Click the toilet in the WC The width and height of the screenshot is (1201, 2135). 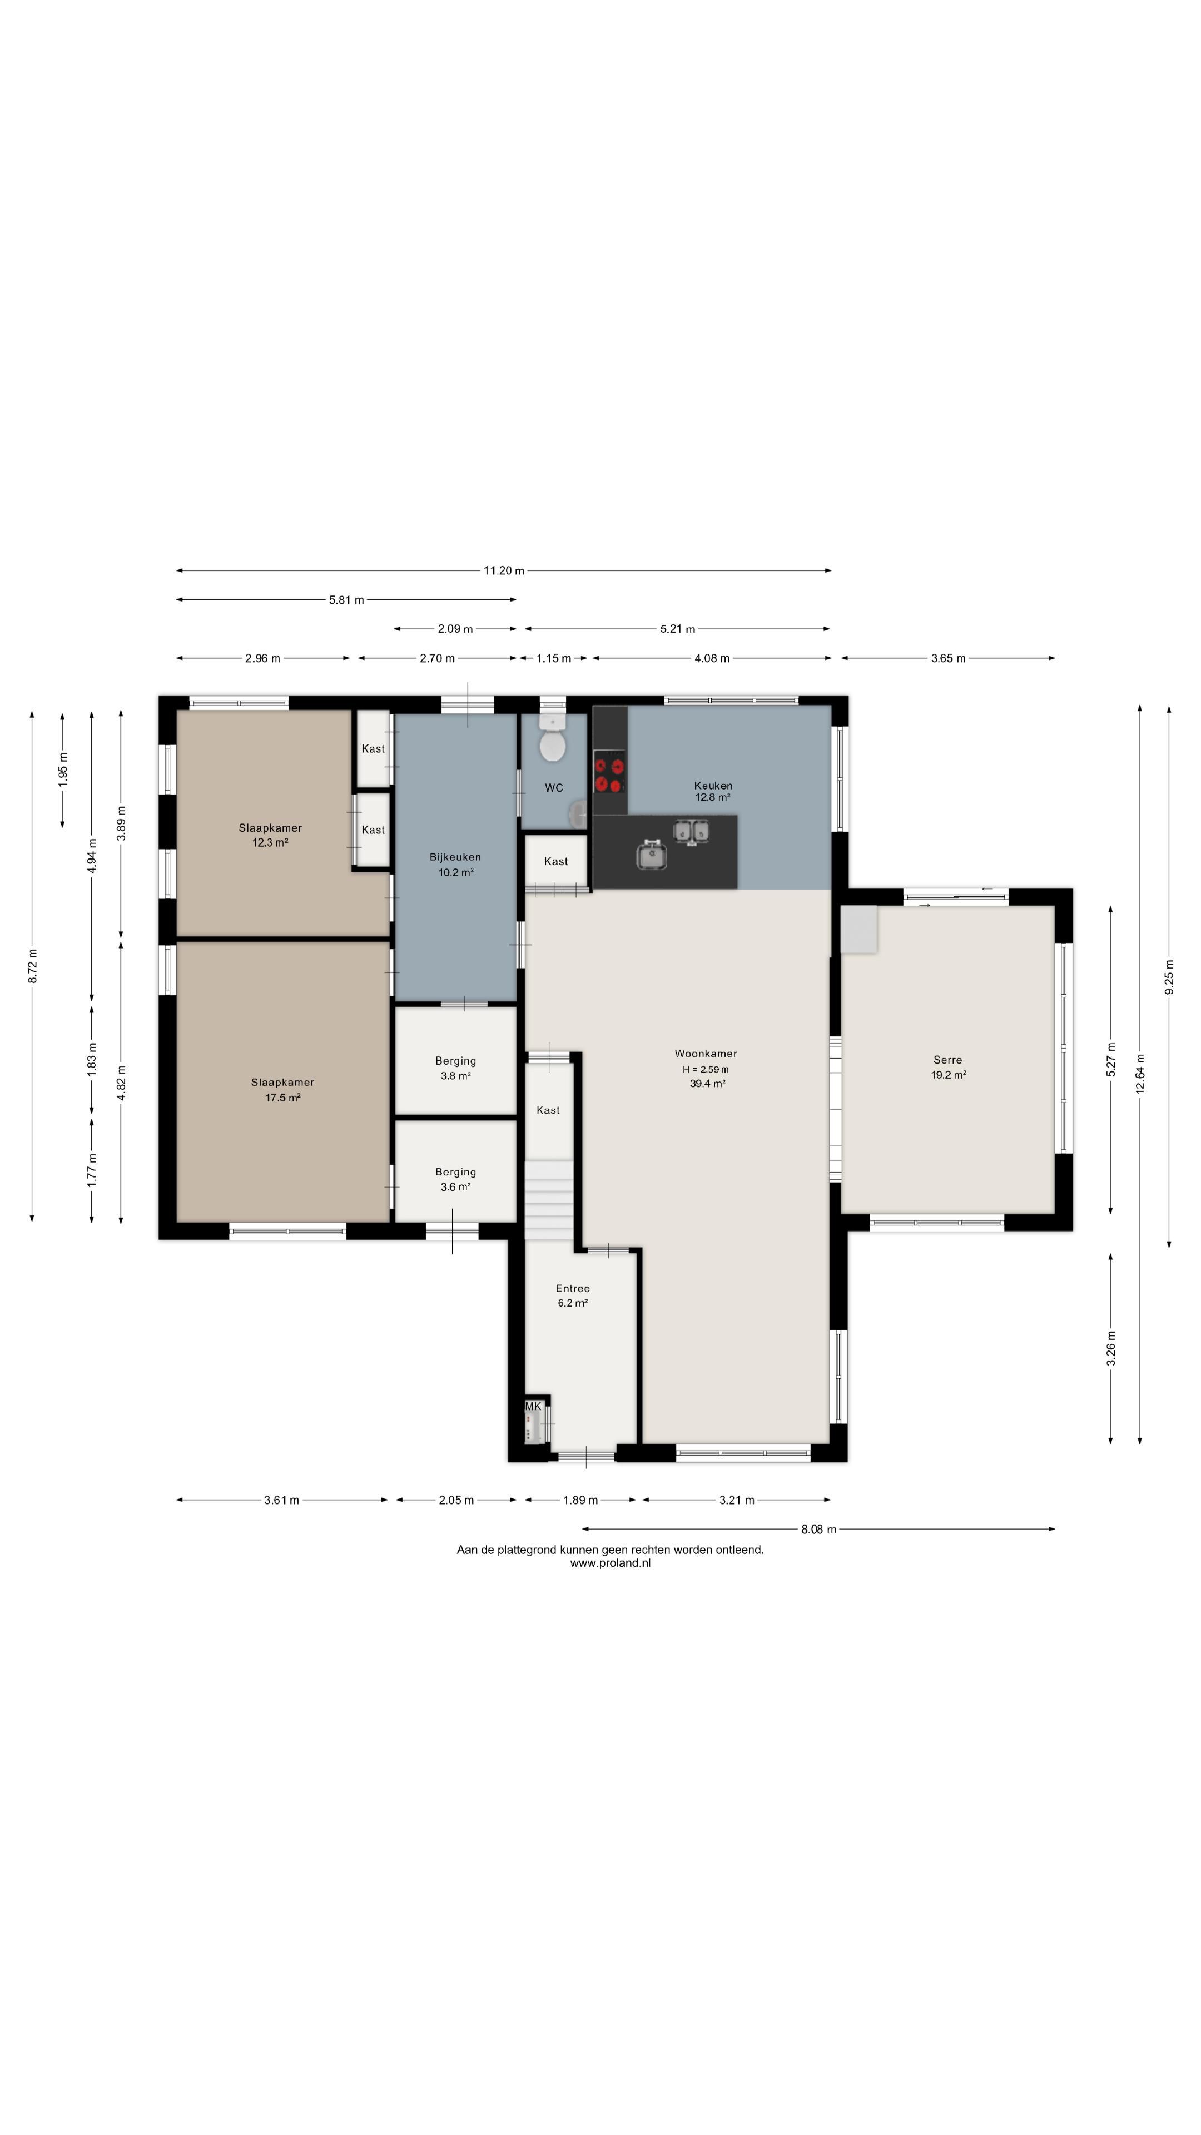click(x=552, y=738)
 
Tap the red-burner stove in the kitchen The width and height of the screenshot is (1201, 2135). click(x=609, y=772)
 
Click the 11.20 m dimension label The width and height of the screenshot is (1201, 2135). click(x=504, y=570)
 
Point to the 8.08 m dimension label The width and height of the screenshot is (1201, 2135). click(x=818, y=1529)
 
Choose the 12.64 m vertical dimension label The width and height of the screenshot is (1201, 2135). click(x=1140, y=1074)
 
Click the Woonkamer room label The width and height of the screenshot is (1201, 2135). click(x=706, y=1054)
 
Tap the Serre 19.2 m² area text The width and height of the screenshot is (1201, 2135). click(x=948, y=1075)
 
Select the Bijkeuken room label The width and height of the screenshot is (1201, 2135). click(x=455, y=857)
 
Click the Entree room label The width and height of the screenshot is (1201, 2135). click(x=573, y=1288)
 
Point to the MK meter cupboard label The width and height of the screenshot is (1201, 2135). click(x=533, y=1407)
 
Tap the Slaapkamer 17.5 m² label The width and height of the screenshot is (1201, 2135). click(x=282, y=1090)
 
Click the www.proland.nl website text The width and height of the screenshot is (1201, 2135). click(x=610, y=1563)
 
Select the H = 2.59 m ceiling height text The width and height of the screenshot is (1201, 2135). click(x=706, y=1069)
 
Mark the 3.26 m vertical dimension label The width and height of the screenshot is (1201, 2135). click(x=1111, y=1348)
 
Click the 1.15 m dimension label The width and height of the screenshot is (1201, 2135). click(x=554, y=658)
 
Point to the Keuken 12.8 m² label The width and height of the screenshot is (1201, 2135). click(x=713, y=791)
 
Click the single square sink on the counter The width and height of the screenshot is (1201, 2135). click(x=652, y=855)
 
